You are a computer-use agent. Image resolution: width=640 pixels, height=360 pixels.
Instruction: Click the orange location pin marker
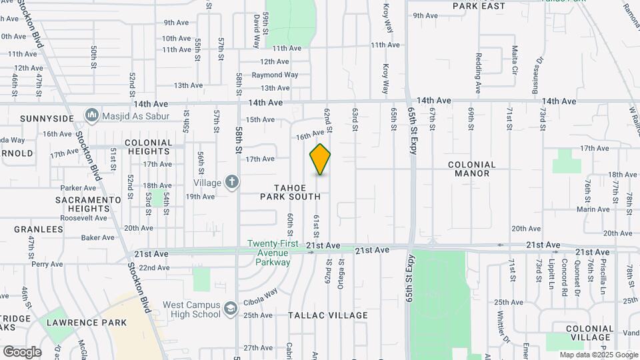point(320,159)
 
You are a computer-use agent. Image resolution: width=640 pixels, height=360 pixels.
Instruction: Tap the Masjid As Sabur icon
point(92,116)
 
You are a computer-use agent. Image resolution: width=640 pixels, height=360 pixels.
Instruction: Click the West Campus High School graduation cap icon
point(231,308)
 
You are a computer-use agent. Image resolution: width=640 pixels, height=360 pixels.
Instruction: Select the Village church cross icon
point(231,181)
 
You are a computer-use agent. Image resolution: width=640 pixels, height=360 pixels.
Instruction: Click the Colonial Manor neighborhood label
point(472,169)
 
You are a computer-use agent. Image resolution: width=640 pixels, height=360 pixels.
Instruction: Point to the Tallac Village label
point(328,315)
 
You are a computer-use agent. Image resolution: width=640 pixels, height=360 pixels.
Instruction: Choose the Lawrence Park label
point(87,323)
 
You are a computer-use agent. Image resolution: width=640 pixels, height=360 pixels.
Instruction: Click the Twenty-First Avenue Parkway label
point(269,253)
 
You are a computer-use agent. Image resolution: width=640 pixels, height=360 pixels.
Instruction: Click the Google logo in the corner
point(22,351)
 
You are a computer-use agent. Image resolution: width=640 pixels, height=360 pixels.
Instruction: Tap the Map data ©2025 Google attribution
point(598,355)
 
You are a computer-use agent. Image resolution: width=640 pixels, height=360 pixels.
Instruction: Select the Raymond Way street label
point(275,75)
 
